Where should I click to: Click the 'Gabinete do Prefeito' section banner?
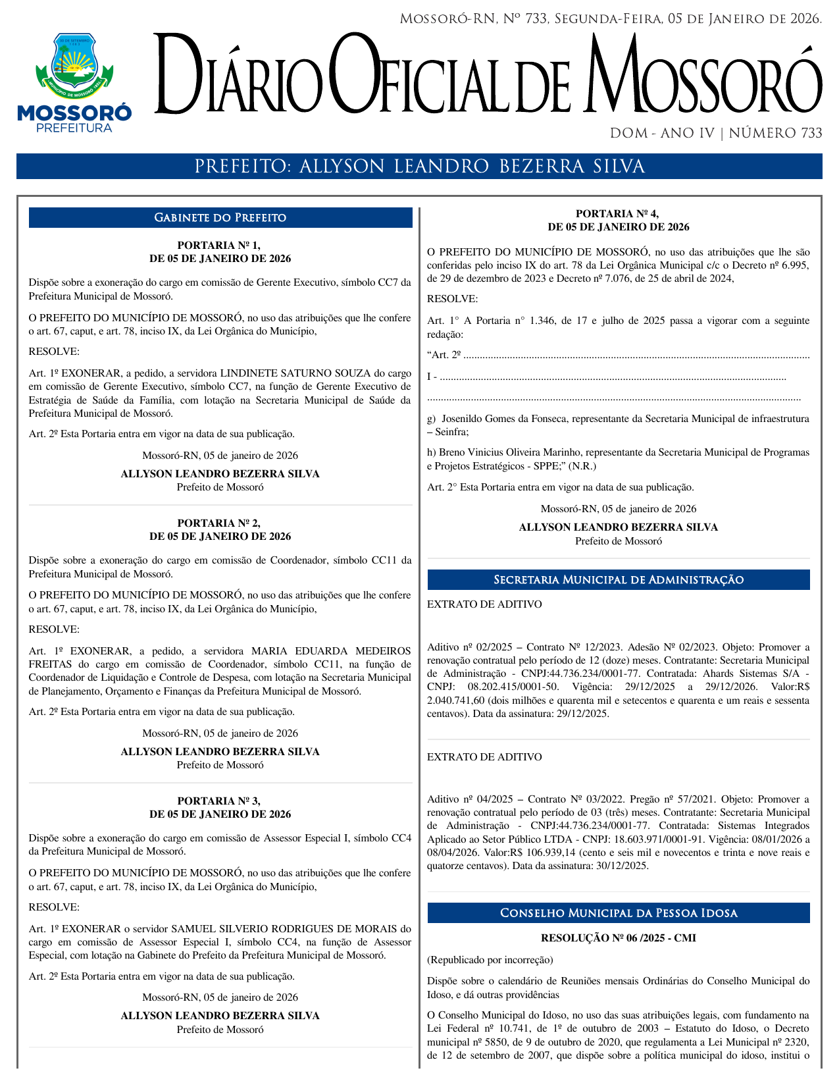tap(220, 218)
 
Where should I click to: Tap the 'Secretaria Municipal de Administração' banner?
tap(618, 580)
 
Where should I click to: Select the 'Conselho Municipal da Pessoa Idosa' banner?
tap(618, 913)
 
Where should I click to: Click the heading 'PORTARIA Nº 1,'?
tap(220, 246)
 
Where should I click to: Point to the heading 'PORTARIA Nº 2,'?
tap(220, 523)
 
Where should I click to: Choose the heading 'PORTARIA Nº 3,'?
tap(220, 801)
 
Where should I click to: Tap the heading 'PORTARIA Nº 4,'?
tap(618, 214)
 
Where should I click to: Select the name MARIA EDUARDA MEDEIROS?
tap(331, 651)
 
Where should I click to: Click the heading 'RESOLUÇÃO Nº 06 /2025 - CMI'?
tap(618, 938)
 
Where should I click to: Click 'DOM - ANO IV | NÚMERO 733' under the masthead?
tap(716, 134)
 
